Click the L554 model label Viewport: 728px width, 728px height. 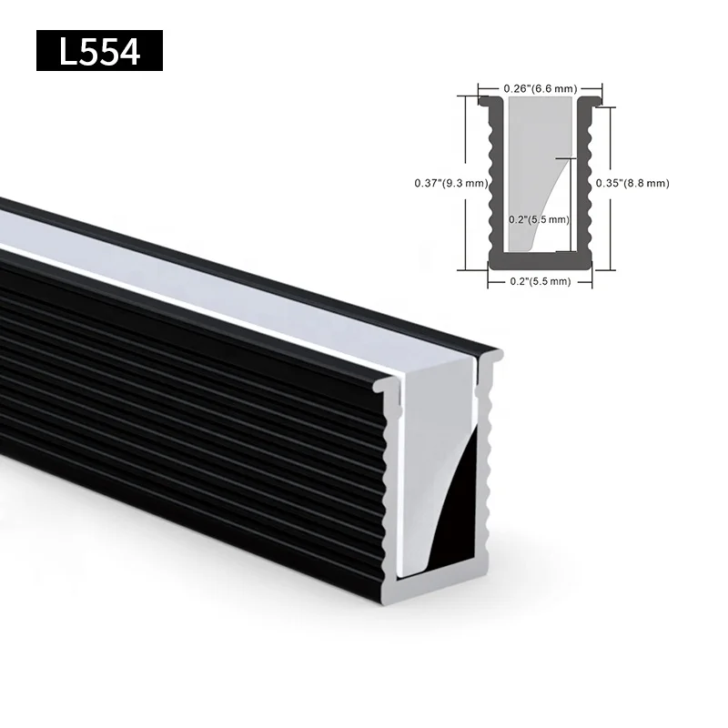(99, 51)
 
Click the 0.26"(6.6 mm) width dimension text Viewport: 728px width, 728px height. (541, 88)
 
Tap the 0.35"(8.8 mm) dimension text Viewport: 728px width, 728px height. (632, 183)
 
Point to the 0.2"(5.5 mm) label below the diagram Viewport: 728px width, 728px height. (539, 281)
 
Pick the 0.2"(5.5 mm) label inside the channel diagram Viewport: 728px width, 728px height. (539, 219)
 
